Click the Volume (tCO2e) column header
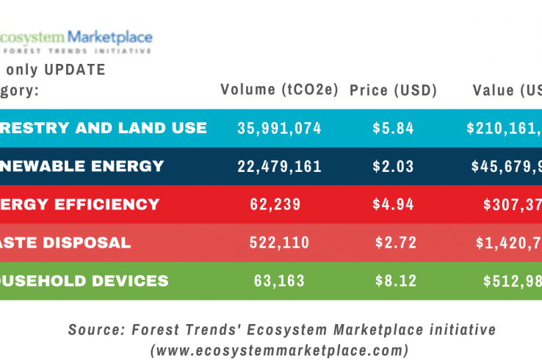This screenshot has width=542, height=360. click(x=279, y=90)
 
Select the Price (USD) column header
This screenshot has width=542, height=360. click(x=393, y=90)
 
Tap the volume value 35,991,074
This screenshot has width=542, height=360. click(x=279, y=128)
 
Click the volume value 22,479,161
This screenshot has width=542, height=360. click(x=279, y=166)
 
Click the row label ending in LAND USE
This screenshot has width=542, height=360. click(x=103, y=128)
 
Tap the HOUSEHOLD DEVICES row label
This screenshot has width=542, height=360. click(x=84, y=281)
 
